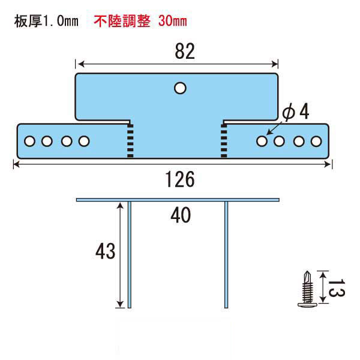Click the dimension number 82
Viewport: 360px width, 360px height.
185,51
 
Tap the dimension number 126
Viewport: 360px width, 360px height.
180,179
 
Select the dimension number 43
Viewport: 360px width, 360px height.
106,251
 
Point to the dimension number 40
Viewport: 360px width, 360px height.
181,215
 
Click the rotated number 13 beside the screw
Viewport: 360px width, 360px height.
337,288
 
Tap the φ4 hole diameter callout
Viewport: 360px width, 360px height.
296,112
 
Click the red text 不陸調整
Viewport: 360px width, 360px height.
122,21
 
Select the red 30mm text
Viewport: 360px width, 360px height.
172,21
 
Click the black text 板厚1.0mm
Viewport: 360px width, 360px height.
46,21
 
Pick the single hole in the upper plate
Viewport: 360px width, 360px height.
180,88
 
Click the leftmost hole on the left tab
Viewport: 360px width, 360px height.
29,141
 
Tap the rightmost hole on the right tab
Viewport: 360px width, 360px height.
316,142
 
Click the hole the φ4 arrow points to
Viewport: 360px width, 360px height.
262,141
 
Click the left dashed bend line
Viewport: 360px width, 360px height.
130,141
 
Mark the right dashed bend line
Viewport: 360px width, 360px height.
224,141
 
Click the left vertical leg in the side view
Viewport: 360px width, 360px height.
130,254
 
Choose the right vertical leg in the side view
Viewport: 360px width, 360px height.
226,254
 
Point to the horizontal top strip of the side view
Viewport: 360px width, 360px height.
178,200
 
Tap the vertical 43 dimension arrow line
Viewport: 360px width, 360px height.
120,255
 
